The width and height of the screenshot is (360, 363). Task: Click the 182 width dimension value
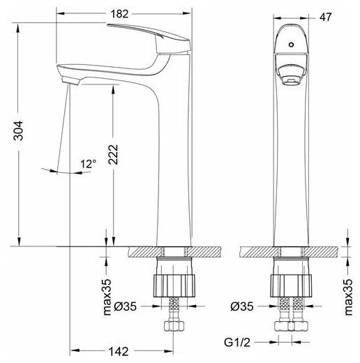coord(119,14)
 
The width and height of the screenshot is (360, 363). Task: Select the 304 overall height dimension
coord(18,131)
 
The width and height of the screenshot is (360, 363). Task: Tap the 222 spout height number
coord(113,155)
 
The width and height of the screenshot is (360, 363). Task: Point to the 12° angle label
coord(88,164)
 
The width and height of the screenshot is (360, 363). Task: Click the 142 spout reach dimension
coord(119,351)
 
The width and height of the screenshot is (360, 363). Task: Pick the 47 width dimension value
coord(325,17)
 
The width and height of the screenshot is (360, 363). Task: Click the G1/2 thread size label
coord(237,342)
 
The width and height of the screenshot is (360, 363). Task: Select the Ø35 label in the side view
coord(126,306)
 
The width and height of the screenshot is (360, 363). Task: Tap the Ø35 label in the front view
coord(242,306)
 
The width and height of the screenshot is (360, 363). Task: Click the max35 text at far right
coord(348,297)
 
